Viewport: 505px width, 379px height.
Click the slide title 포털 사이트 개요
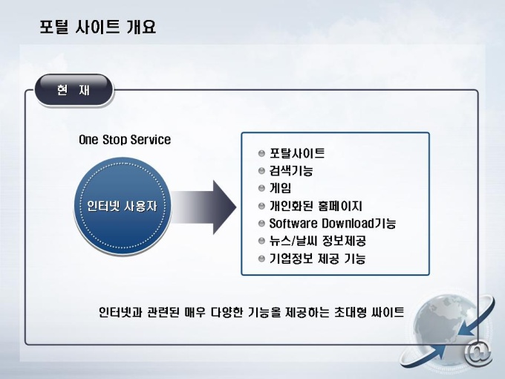coord(97,29)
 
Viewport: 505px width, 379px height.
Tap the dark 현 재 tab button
coord(74,91)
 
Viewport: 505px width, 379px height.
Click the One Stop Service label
coord(125,140)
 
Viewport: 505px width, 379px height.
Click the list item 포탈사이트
coord(296,154)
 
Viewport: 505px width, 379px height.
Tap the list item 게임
coord(280,188)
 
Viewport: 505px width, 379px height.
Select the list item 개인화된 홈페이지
coord(316,206)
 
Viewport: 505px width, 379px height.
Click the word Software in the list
coord(293,223)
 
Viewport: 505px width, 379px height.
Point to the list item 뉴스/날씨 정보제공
coord(317,241)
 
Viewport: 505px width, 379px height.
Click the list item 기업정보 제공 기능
coord(317,259)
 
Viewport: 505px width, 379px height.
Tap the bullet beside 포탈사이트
coord(261,154)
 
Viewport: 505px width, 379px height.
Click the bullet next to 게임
coord(261,188)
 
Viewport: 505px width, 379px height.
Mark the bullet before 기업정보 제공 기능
coord(261,259)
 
